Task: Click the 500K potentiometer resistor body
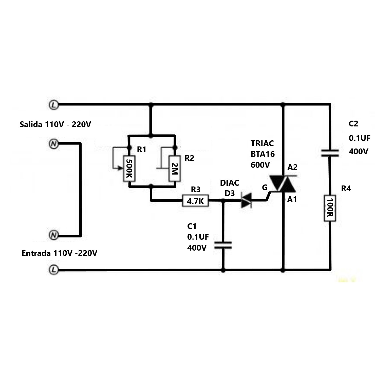129,168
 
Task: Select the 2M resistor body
175,168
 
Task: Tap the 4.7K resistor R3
195,201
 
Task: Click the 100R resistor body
330,208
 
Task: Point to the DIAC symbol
246,200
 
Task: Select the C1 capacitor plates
223,245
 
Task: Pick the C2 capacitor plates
330,153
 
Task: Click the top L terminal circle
53,104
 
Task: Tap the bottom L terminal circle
53,270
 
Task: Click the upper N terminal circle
53,144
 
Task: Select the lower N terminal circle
53,235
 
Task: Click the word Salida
31,124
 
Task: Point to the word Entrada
36,253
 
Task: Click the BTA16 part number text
262,154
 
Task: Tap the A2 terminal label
292,167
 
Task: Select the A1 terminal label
292,200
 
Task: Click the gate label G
265,188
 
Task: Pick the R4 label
346,189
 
